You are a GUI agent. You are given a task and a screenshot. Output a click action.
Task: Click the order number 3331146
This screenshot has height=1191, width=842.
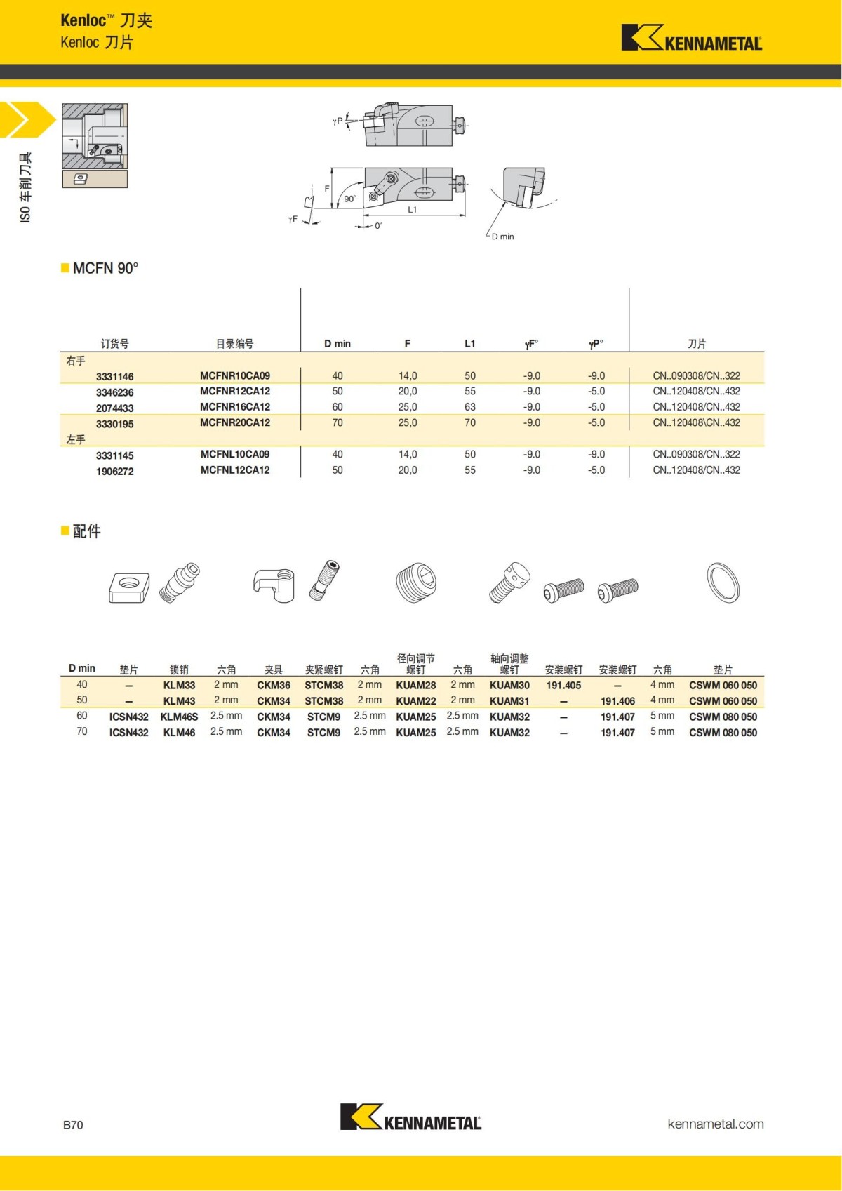[x=114, y=377]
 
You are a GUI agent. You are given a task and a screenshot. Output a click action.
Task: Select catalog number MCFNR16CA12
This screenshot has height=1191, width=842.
[x=234, y=407]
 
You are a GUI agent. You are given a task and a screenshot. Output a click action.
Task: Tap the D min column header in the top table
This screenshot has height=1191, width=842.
[x=337, y=344]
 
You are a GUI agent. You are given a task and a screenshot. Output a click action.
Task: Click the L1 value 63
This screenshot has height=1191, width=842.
[x=469, y=407]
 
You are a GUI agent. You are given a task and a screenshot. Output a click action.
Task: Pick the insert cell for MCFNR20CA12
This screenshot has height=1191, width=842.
[x=696, y=423]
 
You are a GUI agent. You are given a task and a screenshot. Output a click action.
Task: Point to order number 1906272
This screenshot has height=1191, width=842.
[x=114, y=472]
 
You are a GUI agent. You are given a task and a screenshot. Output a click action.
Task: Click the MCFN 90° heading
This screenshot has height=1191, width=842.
[x=105, y=268]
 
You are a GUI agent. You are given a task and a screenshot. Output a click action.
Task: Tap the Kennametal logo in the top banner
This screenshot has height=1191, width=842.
[x=691, y=38]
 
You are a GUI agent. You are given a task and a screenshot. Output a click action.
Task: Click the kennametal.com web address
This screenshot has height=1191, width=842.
[x=715, y=1124]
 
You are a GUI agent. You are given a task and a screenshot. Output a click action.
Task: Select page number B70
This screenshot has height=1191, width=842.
[x=73, y=1125]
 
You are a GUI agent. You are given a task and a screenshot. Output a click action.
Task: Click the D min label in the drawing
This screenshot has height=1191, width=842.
[x=502, y=237]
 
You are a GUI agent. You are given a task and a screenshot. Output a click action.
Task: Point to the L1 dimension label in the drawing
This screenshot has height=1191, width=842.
[x=412, y=210]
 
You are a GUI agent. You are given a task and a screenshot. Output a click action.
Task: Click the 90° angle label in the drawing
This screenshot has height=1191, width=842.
[x=349, y=199]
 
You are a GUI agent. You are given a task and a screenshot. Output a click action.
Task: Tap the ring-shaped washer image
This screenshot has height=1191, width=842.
[x=723, y=583]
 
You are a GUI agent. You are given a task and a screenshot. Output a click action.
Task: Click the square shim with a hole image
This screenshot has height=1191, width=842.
[x=129, y=587]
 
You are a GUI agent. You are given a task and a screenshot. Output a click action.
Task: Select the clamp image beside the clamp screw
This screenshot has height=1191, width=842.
[x=274, y=585]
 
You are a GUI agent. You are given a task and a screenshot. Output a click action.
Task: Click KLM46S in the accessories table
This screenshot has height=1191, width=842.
[x=179, y=717]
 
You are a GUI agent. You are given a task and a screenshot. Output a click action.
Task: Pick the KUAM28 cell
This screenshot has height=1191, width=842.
[x=415, y=686]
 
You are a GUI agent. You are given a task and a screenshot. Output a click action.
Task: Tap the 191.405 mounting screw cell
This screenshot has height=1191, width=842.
[x=563, y=686]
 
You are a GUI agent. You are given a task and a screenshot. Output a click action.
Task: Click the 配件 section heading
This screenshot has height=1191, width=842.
[x=86, y=531]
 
